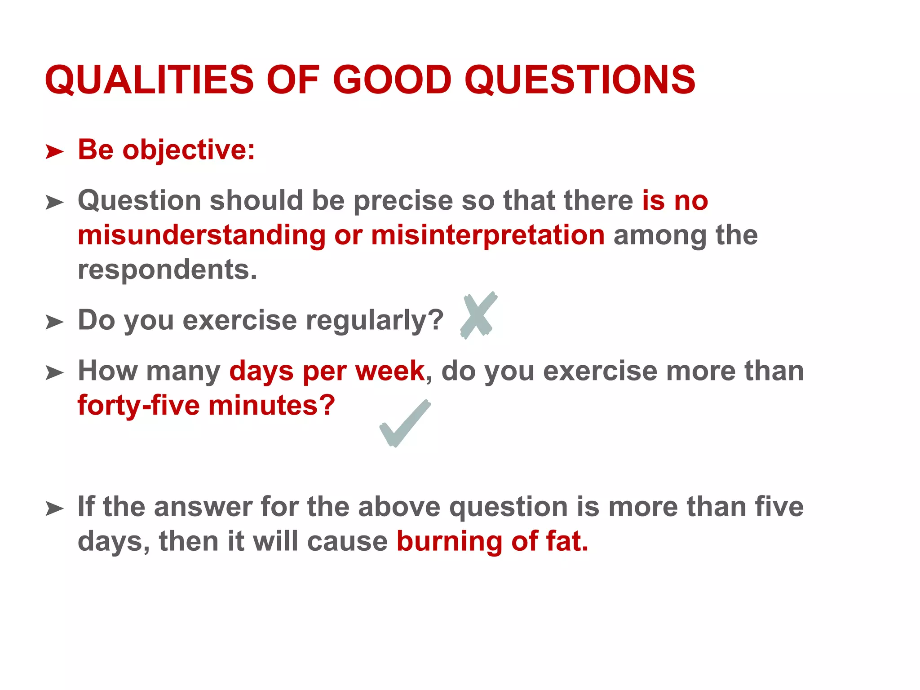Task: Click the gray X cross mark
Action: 478,315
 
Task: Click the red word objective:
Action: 189,150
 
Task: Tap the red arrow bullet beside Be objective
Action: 54,152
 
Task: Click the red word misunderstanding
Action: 202,235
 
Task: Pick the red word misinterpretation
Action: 488,235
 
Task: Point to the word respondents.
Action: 168,270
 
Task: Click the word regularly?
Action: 375,321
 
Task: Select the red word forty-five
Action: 138,406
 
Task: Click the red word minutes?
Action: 272,406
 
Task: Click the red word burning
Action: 449,542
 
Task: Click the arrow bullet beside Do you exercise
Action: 54,322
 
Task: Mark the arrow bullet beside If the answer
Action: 54,509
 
